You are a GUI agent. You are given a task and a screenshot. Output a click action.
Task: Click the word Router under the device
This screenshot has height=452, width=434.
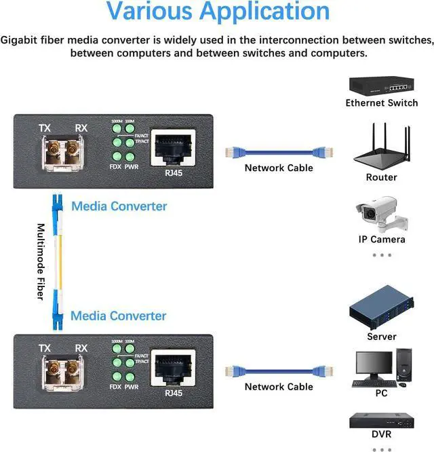click(381, 177)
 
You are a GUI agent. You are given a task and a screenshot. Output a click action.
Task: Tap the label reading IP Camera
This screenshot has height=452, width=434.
click(382, 239)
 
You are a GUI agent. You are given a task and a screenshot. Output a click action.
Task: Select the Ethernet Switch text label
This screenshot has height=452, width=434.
click(382, 103)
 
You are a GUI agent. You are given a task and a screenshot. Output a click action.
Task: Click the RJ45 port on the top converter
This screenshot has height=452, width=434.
click(172, 145)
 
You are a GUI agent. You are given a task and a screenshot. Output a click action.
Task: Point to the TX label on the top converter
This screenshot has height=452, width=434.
click(45, 128)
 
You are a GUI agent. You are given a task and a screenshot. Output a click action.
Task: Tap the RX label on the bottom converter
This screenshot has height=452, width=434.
click(81, 349)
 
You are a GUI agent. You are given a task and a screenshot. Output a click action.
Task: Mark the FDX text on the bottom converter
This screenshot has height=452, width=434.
click(115, 387)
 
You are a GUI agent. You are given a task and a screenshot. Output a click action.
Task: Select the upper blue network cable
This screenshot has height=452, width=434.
click(279, 151)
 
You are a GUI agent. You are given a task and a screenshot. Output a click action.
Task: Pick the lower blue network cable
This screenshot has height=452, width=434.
click(279, 370)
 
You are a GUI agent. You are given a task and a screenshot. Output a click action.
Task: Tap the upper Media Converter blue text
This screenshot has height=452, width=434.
click(119, 206)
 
